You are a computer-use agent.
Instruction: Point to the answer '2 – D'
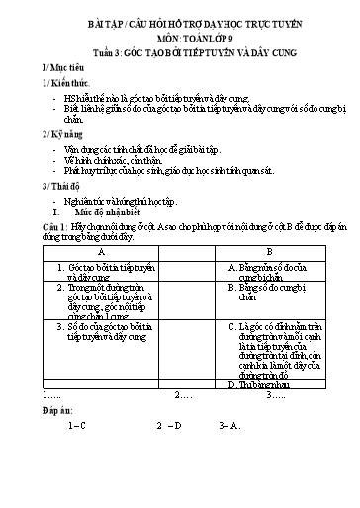click(x=169, y=427)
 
